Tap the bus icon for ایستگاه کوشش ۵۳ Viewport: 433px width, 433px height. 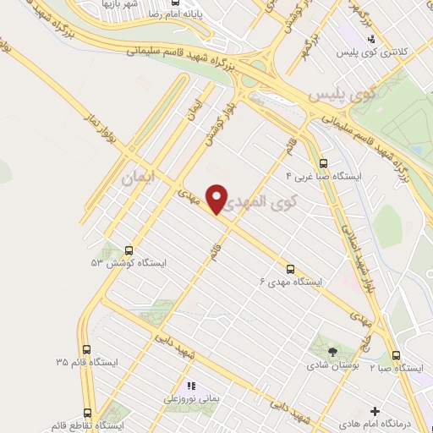pyautogui.click(x=129, y=250)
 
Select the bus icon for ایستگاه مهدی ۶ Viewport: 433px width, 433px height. pyautogui.click(x=291, y=268)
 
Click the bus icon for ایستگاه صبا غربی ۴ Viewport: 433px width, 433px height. pyautogui.click(x=322, y=163)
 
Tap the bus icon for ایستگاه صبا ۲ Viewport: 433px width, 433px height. pyautogui.click(x=394, y=356)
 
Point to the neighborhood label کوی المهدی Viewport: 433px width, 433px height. pyautogui.click(x=264, y=201)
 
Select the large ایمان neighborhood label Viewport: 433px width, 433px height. pyautogui.click(x=140, y=178)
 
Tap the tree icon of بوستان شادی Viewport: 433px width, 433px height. pyautogui.click(x=331, y=350)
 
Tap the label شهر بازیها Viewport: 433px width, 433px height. pyautogui.click(x=122, y=4)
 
